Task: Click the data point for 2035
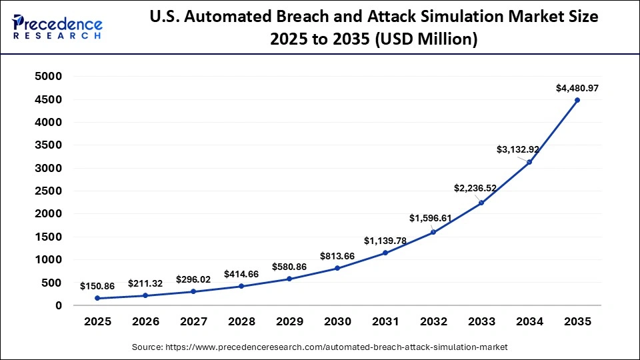coord(577,100)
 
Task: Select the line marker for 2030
coord(337,268)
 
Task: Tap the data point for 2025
coord(97,298)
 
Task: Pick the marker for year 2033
coord(481,203)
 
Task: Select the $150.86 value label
coord(97,286)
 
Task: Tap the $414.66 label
coord(241,274)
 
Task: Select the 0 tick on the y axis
coord(59,305)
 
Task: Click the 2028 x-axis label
coord(241,322)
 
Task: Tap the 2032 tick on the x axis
coord(433,322)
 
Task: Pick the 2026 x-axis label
coord(145,322)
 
